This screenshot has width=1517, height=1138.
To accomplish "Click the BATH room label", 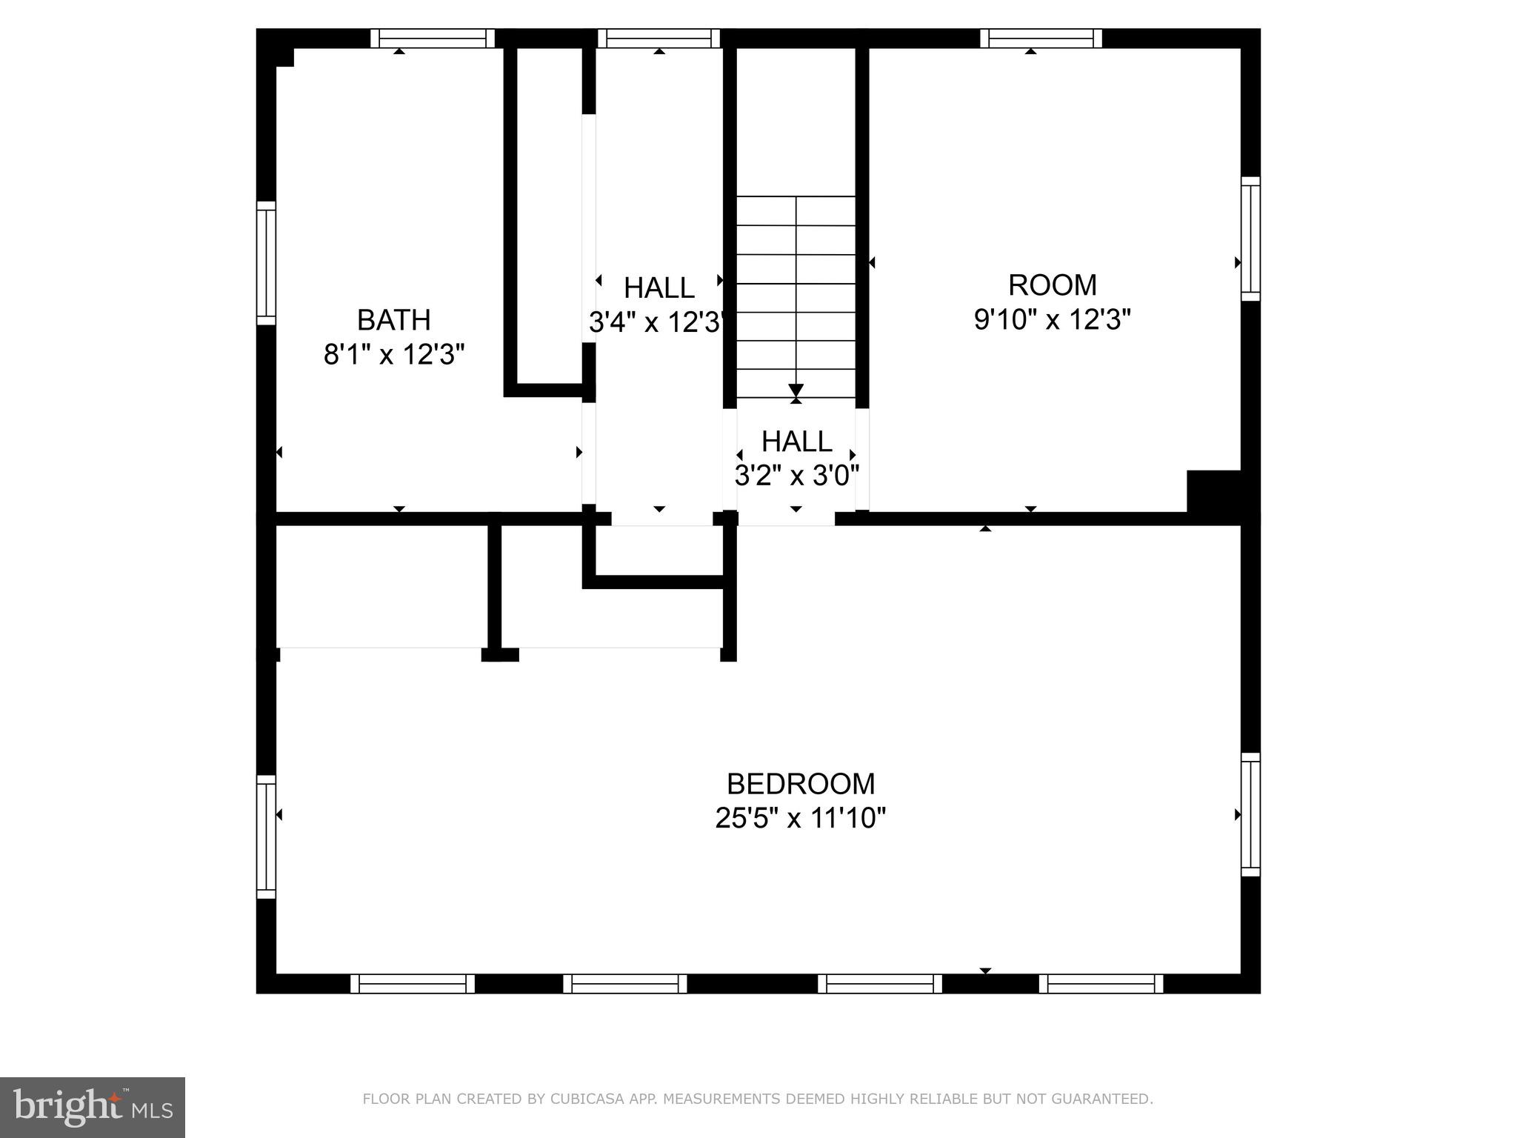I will pyautogui.click(x=393, y=320).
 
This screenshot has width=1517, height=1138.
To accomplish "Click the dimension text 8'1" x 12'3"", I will pyautogui.click(x=393, y=355).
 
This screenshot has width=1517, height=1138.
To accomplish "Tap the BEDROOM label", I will pyautogui.click(x=800, y=784).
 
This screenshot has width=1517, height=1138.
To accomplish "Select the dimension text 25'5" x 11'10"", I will pyautogui.click(x=800, y=819).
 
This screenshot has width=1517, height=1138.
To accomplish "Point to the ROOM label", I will pyautogui.click(x=1052, y=285).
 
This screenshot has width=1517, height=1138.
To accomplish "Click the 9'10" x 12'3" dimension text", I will pyautogui.click(x=1052, y=320).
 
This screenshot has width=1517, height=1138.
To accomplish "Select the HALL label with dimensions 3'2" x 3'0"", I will pyautogui.click(x=796, y=442).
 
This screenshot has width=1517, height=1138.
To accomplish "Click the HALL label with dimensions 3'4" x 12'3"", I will pyautogui.click(x=659, y=287).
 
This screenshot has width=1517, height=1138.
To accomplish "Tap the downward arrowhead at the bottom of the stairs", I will pyautogui.click(x=796, y=390).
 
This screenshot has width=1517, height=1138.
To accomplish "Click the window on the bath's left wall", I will pyautogui.click(x=266, y=263).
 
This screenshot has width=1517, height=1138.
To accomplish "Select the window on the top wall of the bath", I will pyautogui.click(x=433, y=39).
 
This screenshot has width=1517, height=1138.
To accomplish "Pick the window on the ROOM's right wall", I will pyautogui.click(x=1250, y=239).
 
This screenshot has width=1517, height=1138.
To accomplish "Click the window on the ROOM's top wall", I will pyautogui.click(x=1041, y=39).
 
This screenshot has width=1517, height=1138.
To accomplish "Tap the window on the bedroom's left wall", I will pyautogui.click(x=266, y=836).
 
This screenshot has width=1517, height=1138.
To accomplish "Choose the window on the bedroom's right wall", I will pyautogui.click(x=1250, y=814).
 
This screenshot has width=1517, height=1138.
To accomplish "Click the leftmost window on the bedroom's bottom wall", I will pyautogui.click(x=413, y=984).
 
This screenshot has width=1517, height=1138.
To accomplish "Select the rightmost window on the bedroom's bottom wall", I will pyautogui.click(x=1101, y=984).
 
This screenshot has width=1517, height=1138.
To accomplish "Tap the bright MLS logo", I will pyautogui.click(x=92, y=1107).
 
